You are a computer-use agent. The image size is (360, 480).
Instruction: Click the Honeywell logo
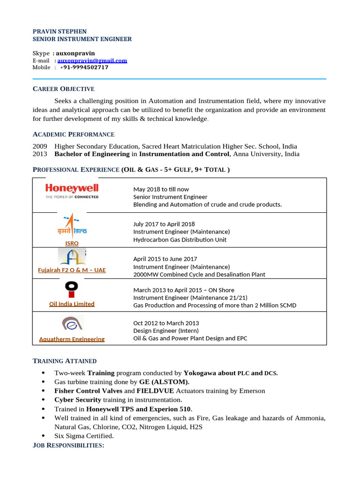72,191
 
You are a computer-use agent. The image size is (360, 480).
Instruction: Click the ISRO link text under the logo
72,243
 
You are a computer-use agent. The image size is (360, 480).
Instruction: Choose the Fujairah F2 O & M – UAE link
72,270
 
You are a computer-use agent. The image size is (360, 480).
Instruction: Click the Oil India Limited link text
72,304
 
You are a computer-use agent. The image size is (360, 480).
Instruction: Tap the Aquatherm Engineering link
72,339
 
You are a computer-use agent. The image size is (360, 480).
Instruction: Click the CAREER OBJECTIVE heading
63,89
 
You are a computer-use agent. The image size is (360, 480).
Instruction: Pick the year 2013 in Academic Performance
40,154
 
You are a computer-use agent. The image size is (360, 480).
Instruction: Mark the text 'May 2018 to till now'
161,189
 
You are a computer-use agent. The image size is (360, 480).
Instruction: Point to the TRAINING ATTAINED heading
65,361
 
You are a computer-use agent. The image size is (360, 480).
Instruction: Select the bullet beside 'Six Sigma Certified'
44,436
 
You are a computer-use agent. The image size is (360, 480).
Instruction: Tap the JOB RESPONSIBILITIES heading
68,445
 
